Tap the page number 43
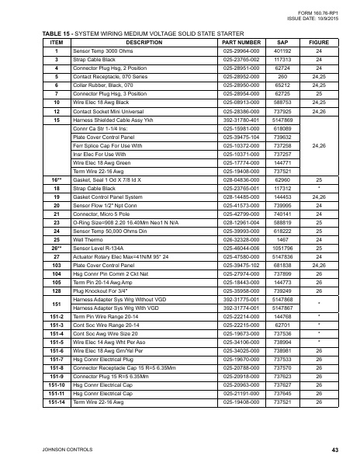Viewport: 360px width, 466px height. tap(334, 450)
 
